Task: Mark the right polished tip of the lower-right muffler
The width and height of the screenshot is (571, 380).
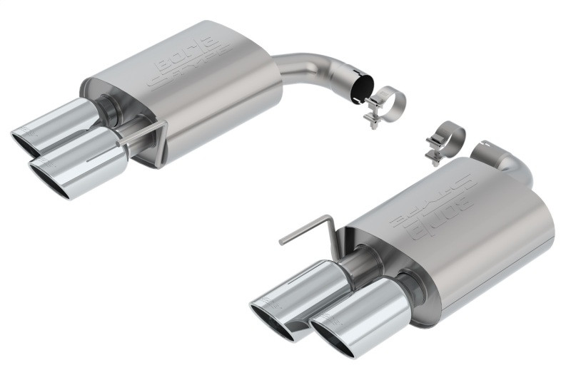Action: point(353,314)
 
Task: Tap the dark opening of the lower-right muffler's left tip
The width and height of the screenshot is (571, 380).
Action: point(270,322)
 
